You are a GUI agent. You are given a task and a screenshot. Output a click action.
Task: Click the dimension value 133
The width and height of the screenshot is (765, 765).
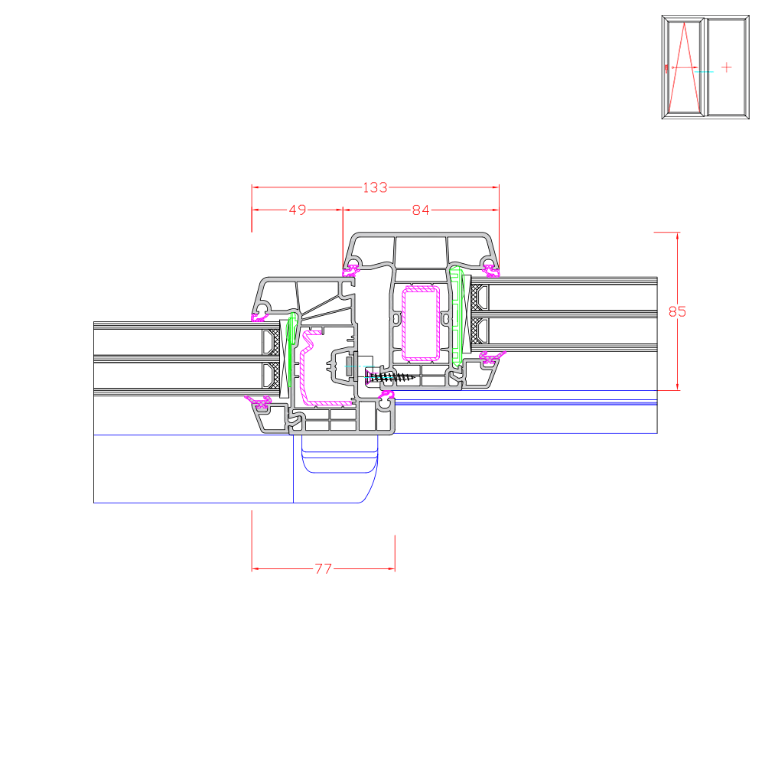click(375, 187)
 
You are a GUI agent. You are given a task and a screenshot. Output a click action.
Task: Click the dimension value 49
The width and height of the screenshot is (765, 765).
click(298, 210)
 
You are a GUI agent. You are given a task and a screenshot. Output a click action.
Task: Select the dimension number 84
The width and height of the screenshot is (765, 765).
click(421, 210)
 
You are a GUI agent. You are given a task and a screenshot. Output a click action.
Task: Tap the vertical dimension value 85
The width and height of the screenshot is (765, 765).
click(677, 311)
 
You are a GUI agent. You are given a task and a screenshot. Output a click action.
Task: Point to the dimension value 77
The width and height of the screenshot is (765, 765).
click(323, 569)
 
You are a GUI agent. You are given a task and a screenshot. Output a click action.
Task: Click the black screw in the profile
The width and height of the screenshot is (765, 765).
click(391, 376)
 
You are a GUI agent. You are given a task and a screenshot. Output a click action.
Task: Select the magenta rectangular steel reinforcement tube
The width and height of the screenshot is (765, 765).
click(421, 324)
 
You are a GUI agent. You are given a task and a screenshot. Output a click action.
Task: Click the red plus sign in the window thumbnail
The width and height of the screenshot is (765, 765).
click(727, 67)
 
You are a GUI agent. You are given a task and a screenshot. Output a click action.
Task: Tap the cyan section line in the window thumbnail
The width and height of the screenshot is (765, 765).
click(704, 72)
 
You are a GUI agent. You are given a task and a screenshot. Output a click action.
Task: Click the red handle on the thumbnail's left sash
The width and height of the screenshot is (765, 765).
click(666, 69)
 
